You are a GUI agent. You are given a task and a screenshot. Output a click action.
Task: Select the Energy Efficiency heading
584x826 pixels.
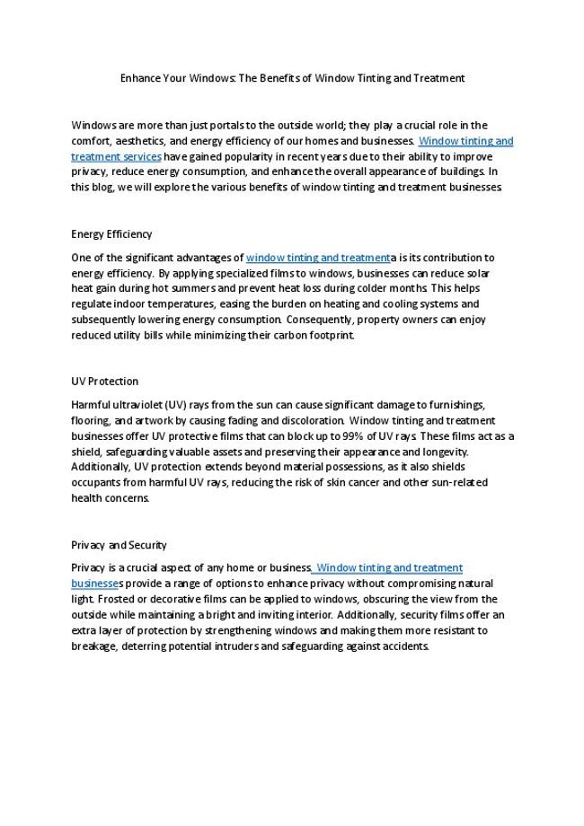point(111,234)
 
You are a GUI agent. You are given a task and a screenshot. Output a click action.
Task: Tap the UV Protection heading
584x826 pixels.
point(104,381)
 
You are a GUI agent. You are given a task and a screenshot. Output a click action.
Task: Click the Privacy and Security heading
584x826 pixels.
point(119,544)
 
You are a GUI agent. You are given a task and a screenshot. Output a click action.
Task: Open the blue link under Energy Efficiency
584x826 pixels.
point(318,258)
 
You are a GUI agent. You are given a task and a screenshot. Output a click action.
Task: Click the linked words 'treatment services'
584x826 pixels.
point(116,156)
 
